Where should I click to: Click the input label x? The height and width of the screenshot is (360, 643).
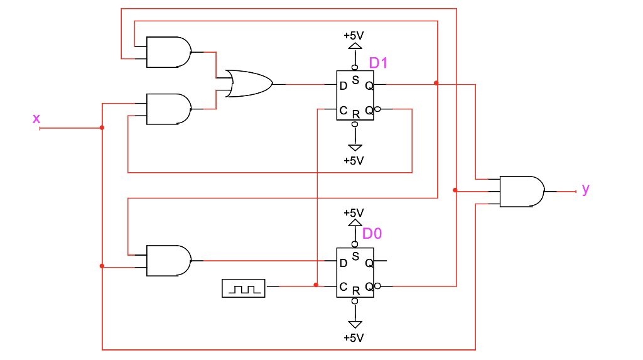36,119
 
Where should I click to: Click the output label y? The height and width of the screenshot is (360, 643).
586,188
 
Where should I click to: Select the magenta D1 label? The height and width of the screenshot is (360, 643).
379,63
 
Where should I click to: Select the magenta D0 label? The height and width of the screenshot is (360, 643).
372,234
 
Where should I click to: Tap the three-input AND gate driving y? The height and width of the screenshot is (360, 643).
521,192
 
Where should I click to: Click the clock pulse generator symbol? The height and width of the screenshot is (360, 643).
244,288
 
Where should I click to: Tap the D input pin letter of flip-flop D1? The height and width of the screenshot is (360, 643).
343,86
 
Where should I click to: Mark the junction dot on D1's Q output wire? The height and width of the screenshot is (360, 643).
436,83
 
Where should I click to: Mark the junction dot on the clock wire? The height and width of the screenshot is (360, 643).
316,285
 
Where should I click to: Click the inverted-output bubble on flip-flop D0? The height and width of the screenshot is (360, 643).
377,286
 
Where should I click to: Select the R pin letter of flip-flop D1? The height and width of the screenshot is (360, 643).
355,114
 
